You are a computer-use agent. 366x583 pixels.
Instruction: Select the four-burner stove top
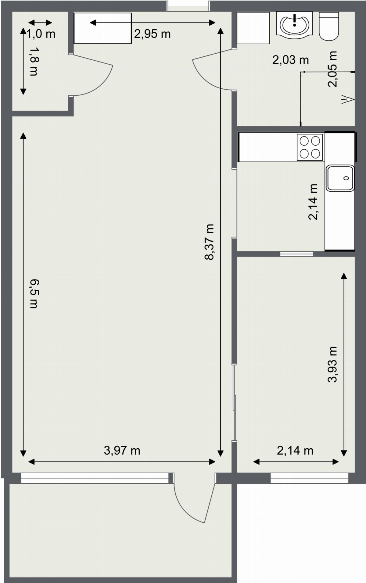[x=310, y=147]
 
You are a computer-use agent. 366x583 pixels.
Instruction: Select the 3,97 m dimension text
[x=122, y=450]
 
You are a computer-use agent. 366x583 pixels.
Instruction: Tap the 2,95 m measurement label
[x=152, y=34]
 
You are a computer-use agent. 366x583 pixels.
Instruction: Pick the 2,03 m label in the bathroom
[x=290, y=60]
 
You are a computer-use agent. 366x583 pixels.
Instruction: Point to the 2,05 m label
[x=332, y=69]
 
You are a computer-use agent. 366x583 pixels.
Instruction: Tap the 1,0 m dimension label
[x=41, y=34]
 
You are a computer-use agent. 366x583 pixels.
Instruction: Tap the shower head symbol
[x=348, y=99]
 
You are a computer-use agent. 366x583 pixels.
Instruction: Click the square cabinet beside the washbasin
[x=253, y=28]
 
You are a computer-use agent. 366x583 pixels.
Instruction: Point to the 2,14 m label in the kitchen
[x=313, y=202]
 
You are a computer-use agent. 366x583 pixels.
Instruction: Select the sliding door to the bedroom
[x=234, y=402]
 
